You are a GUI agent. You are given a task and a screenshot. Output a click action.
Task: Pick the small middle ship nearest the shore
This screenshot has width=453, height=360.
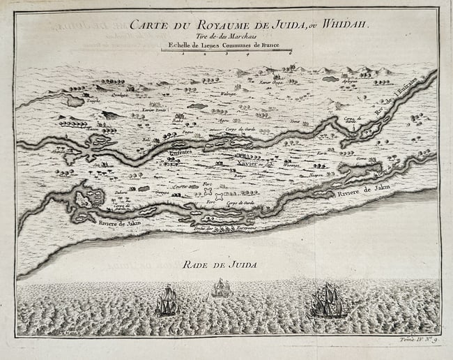click(x=222, y=287)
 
